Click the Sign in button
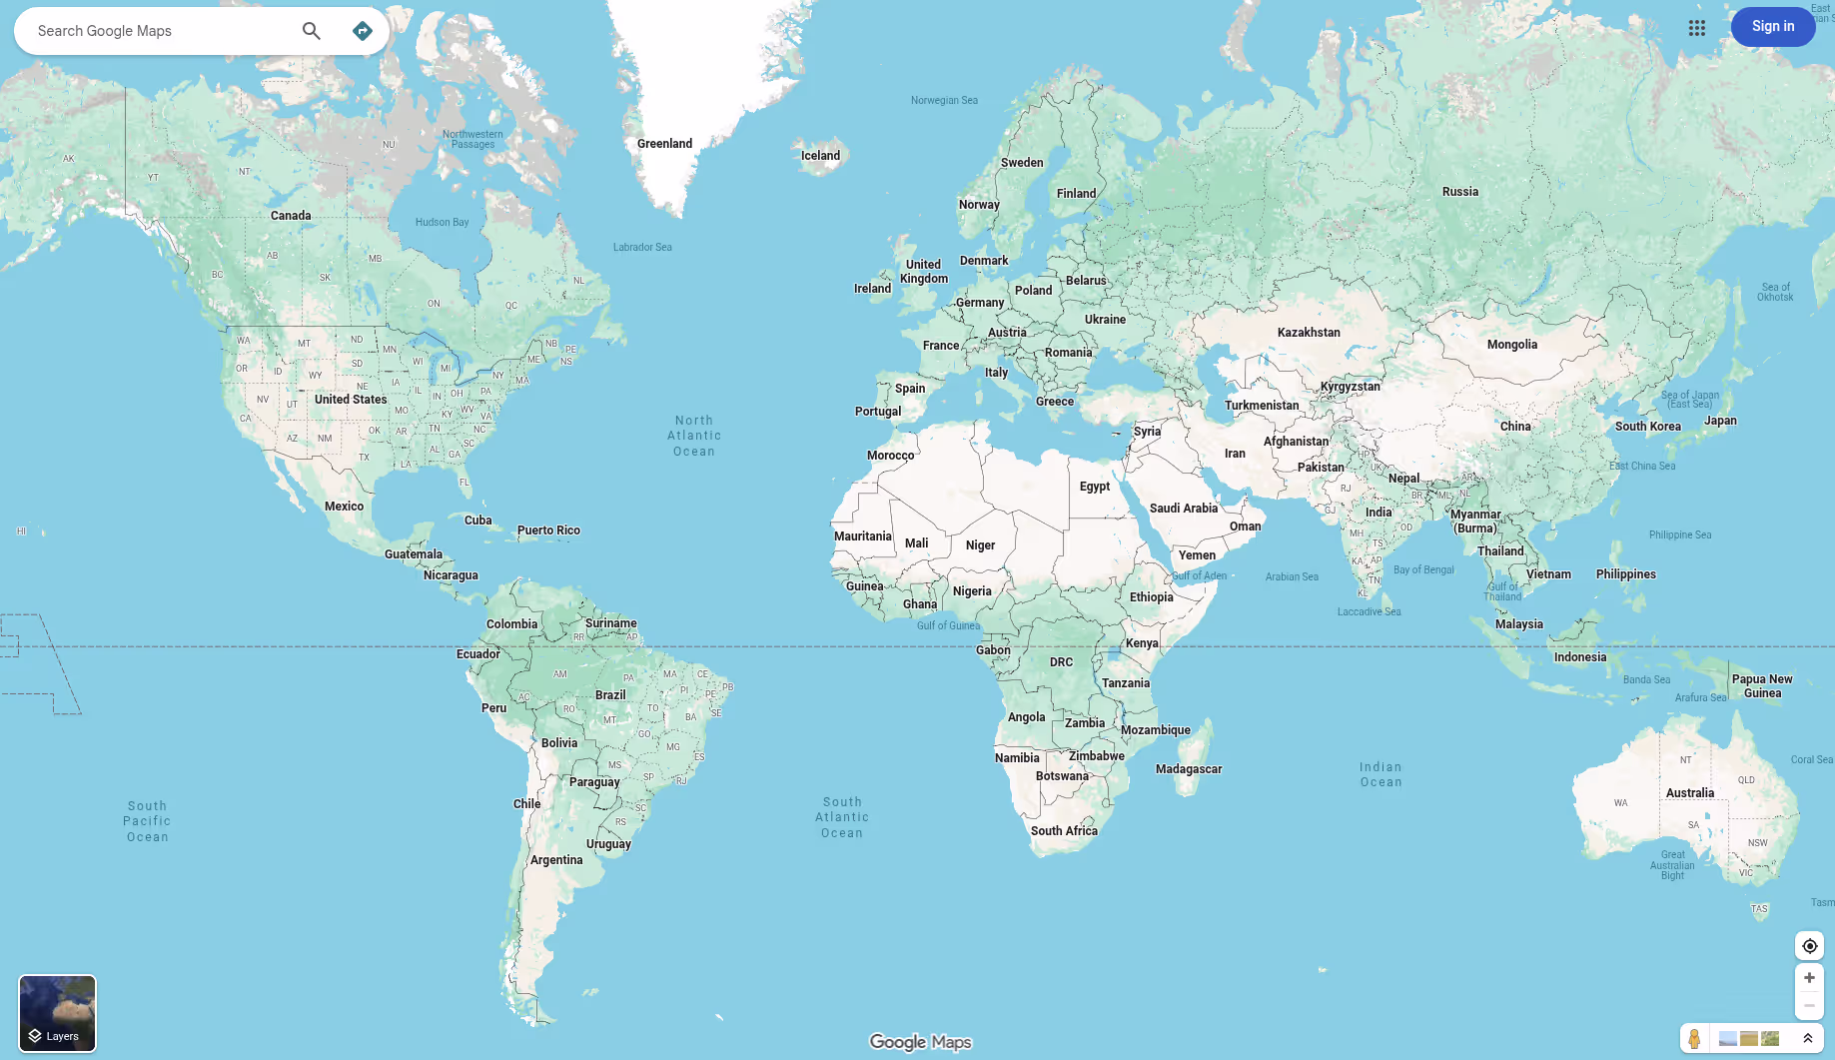1772,27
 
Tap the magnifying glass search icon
312,31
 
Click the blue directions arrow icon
363,31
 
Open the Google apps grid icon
1696,28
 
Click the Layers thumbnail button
58,1013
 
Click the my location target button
1809,946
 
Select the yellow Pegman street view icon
1694,1039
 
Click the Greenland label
664,144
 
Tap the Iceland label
820,156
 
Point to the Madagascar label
1188,769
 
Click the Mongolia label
1511,345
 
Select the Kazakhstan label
1308,333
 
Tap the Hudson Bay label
442,223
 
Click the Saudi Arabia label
1183,509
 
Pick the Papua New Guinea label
1761,686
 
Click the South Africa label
1064,831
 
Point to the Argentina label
556,860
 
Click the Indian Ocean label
1380,775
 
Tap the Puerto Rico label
548,530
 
